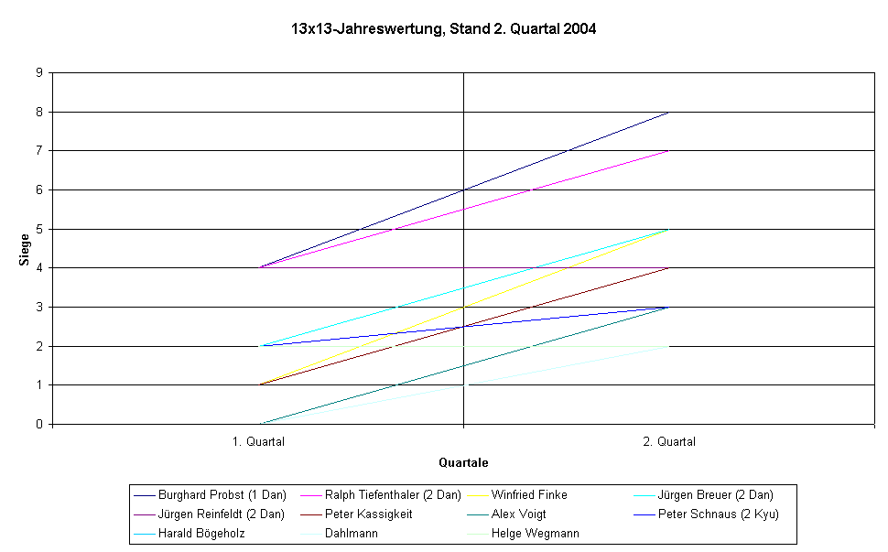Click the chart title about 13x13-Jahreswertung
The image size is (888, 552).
[444, 29]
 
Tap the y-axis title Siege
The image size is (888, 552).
[25, 250]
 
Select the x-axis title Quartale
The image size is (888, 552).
[463, 462]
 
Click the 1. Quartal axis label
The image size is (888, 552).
[258, 441]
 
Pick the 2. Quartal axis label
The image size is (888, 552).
[668, 441]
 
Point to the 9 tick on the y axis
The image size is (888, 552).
[38, 73]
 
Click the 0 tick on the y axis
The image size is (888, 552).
[38, 424]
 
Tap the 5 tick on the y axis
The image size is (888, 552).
[38, 229]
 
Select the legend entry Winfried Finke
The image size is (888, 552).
[529, 495]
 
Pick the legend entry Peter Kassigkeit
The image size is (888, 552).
[368, 514]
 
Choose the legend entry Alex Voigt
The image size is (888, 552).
[518, 514]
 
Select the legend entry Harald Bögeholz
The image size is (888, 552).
[201, 534]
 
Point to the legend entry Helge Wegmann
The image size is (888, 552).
[535, 534]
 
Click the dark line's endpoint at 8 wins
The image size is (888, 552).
[668, 112]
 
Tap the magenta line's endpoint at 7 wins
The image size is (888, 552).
[668, 151]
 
